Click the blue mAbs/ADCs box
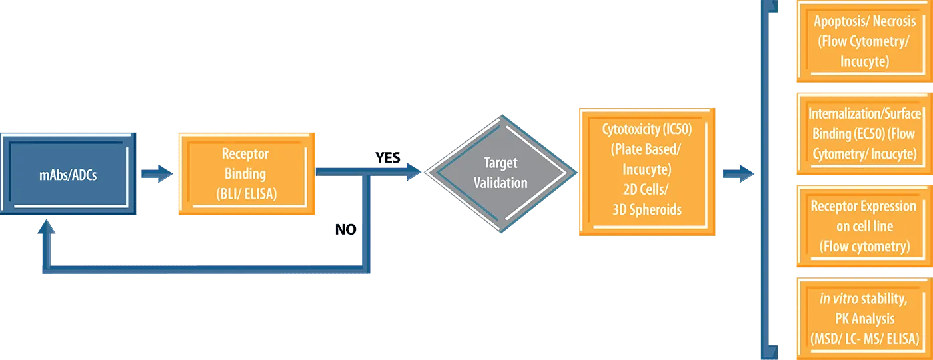[69, 175]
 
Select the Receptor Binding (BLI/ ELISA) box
[245, 174]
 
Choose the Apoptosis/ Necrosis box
[864, 41]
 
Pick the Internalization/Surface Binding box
[864, 133]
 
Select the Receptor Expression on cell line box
[864, 226]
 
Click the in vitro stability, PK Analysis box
[864, 319]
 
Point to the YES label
[387, 158]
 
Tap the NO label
[347, 229]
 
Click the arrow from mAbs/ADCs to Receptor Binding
[157, 175]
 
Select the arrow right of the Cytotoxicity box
[738, 175]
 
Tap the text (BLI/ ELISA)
[245, 195]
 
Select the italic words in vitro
[839, 299]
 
